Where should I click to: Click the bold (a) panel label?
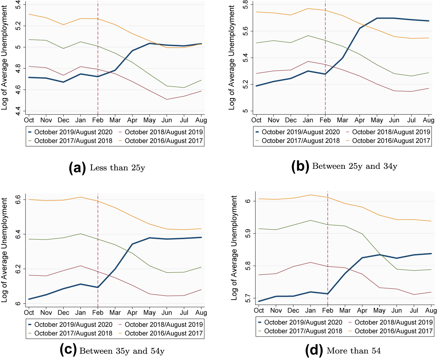point(77,168)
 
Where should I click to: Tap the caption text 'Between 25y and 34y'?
point(354,166)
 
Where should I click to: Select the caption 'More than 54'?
point(353,351)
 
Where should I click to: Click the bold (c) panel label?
point(68,350)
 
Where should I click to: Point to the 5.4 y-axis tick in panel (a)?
point(18,5)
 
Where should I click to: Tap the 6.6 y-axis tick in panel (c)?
point(18,200)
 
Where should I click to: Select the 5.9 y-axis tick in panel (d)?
point(248,233)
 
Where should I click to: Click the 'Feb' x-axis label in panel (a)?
point(98,120)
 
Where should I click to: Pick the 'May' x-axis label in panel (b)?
point(377,120)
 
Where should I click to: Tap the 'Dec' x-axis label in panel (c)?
point(63,313)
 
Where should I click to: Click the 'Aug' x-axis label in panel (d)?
point(431,310)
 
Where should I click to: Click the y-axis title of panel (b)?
point(231,58)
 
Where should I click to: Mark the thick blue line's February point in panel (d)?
point(327,294)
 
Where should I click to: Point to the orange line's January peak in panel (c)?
point(80,197)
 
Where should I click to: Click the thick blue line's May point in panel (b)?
point(377,18)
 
